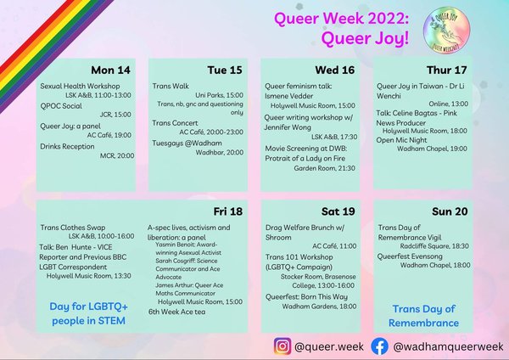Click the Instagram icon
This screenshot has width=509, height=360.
tap(282, 346)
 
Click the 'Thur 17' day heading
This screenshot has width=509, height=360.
tap(450, 70)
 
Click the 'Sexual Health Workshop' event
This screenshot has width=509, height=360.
tap(80, 87)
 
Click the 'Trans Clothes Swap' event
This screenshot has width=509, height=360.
tap(74, 228)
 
